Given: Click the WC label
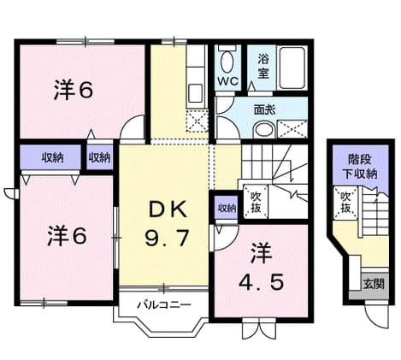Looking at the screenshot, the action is coord(228,81).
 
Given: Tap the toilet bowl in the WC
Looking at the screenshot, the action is coord(227,62).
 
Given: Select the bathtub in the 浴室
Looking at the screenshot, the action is coord(292,68).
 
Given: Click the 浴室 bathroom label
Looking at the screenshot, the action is coord(263,67).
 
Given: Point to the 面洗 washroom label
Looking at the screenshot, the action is coord(265,109).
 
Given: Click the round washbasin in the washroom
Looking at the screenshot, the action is coord(265,130).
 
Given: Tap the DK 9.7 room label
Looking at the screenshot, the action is coord(167,224).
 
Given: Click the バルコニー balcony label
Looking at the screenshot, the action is coord(164,305).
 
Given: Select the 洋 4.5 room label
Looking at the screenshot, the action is coord(261,266).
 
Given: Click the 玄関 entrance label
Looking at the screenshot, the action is coord(374,284).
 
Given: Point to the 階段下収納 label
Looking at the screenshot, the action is coord(361,167).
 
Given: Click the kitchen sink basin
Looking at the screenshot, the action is coord(196,93).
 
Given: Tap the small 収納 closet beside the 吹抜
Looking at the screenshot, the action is coord(227,208).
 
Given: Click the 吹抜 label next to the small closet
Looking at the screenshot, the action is coord(256,202).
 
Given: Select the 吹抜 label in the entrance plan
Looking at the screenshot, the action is coord(345,203).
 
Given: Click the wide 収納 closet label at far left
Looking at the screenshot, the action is coord(52,157).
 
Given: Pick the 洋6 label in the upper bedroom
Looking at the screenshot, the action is coord(74,90).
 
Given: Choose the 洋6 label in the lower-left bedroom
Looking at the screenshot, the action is coord(68,236).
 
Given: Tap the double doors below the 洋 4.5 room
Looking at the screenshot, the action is coord(259,328).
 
